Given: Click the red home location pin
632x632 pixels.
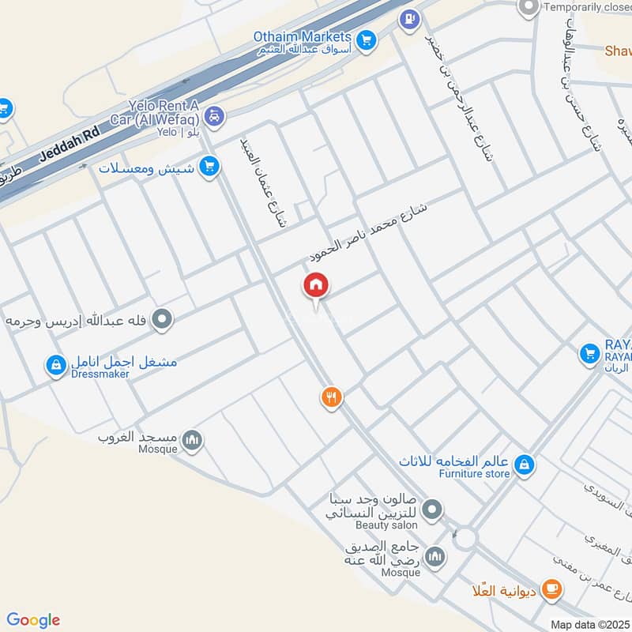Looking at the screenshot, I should pyautogui.click(x=316, y=286).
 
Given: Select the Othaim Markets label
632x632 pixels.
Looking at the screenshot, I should pyautogui.click(x=302, y=36).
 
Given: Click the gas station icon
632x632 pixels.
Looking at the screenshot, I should pyautogui.click(x=409, y=18).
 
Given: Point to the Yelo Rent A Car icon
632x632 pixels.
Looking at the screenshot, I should pyautogui.click(x=214, y=117).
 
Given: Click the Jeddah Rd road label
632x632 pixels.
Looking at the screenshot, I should pyautogui.click(x=58, y=152).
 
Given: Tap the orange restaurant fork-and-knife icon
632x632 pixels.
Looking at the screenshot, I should pyautogui.click(x=332, y=397).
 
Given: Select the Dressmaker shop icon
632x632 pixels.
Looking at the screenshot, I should pyautogui.click(x=55, y=365).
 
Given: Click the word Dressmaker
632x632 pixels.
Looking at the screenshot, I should pyautogui.click(x=101, y=374).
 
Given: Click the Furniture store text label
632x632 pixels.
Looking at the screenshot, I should pyautogui.click(x=464, y=474).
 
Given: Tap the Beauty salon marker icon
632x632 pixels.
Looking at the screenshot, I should pyautogui.click(x=431, y=511).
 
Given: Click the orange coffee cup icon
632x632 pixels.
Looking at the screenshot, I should pyautogui.click(x=551, y=588).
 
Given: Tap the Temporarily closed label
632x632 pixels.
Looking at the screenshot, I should pyautogui.click(x=588, y=8).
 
